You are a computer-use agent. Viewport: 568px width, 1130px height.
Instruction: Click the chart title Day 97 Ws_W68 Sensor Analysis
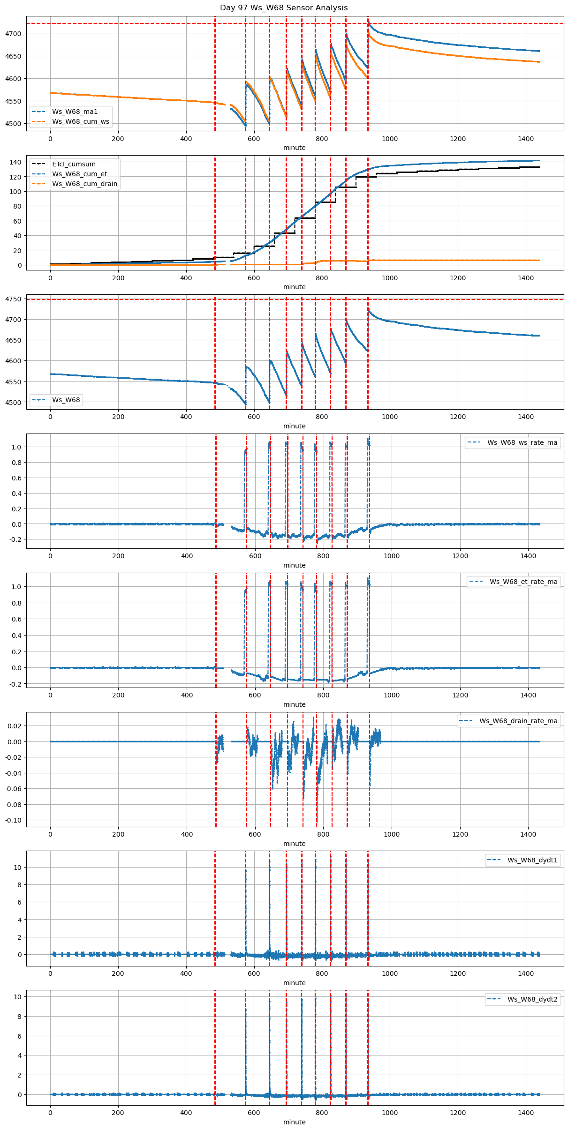[x=284, y=8]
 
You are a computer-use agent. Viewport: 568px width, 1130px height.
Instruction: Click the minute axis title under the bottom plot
[x=294, y=1122]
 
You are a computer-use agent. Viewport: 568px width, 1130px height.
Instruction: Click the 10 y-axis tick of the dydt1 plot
[x=18, y=868]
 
